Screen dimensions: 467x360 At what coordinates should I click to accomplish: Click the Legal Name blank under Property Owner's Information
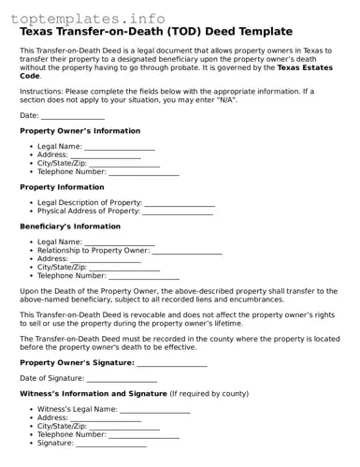pos(120,147)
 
